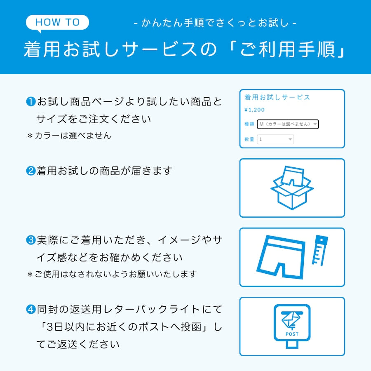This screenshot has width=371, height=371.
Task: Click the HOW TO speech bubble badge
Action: (57, 22)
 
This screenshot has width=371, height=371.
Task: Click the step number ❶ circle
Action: (31, 101)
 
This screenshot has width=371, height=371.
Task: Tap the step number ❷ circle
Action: (31, 171)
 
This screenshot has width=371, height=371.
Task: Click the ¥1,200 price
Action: (254, 110)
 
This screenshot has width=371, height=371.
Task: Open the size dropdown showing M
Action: (288, 124)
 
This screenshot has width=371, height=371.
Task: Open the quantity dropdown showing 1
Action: (275, 140)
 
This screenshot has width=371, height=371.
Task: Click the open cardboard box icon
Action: (292, 188)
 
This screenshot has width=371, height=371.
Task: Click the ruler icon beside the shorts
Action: (319, 250)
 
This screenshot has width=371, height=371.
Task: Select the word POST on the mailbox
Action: (292, 334)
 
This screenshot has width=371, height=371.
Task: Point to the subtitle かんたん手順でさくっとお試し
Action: (215, 23)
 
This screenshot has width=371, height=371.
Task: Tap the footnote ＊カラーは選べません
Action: (69, 136)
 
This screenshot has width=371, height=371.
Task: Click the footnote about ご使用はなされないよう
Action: (112, 274)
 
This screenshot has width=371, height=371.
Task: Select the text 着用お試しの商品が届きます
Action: (104, 171)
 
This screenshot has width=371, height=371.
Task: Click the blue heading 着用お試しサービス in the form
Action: (277, 98)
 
